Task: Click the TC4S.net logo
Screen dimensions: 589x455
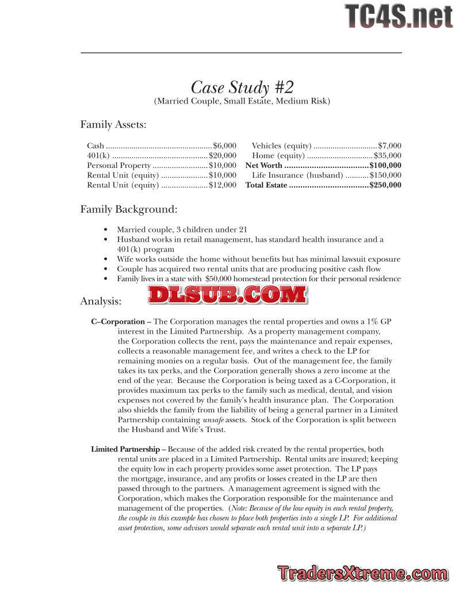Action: coord(399,16)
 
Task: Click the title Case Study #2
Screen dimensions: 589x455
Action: coord(242,87)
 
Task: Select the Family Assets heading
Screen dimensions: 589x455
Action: coord(113,124)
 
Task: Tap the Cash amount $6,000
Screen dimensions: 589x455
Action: coord(224,146)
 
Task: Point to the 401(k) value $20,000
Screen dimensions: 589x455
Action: coord(222,156)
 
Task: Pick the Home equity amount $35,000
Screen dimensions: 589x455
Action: coord(388,156)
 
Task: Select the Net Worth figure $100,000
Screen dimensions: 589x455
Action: coord(385,166)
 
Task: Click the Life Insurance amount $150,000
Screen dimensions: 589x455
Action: coord(385,175)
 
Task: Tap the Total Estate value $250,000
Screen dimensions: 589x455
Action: coord(385,185)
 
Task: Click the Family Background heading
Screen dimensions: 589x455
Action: coord(128,209)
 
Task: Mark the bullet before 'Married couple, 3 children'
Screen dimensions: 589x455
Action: coord(105,230)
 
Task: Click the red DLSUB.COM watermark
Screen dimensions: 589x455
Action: coord(227,294)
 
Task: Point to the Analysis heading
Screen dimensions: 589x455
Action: coord(101,301)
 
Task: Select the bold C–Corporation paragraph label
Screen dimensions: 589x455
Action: coord(121,322)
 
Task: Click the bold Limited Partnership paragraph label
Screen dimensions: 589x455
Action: coord(128,449)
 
